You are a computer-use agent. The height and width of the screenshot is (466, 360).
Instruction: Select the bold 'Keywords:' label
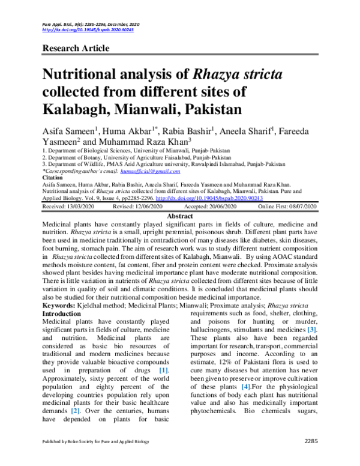[62, 306]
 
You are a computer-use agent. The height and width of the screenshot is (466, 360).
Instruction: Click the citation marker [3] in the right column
[312, 330]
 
